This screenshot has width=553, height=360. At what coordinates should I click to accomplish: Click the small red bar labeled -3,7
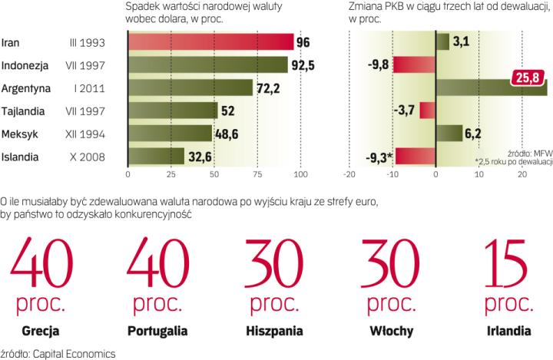coord(428,111)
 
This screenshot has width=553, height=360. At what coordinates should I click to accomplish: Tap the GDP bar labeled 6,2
coord(449,134)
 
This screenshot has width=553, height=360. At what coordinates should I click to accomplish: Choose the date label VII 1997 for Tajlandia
coord(88,111)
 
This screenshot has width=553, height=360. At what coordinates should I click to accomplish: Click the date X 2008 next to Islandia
coord(89,157)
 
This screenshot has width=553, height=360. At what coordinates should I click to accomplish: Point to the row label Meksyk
coord(19,134)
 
